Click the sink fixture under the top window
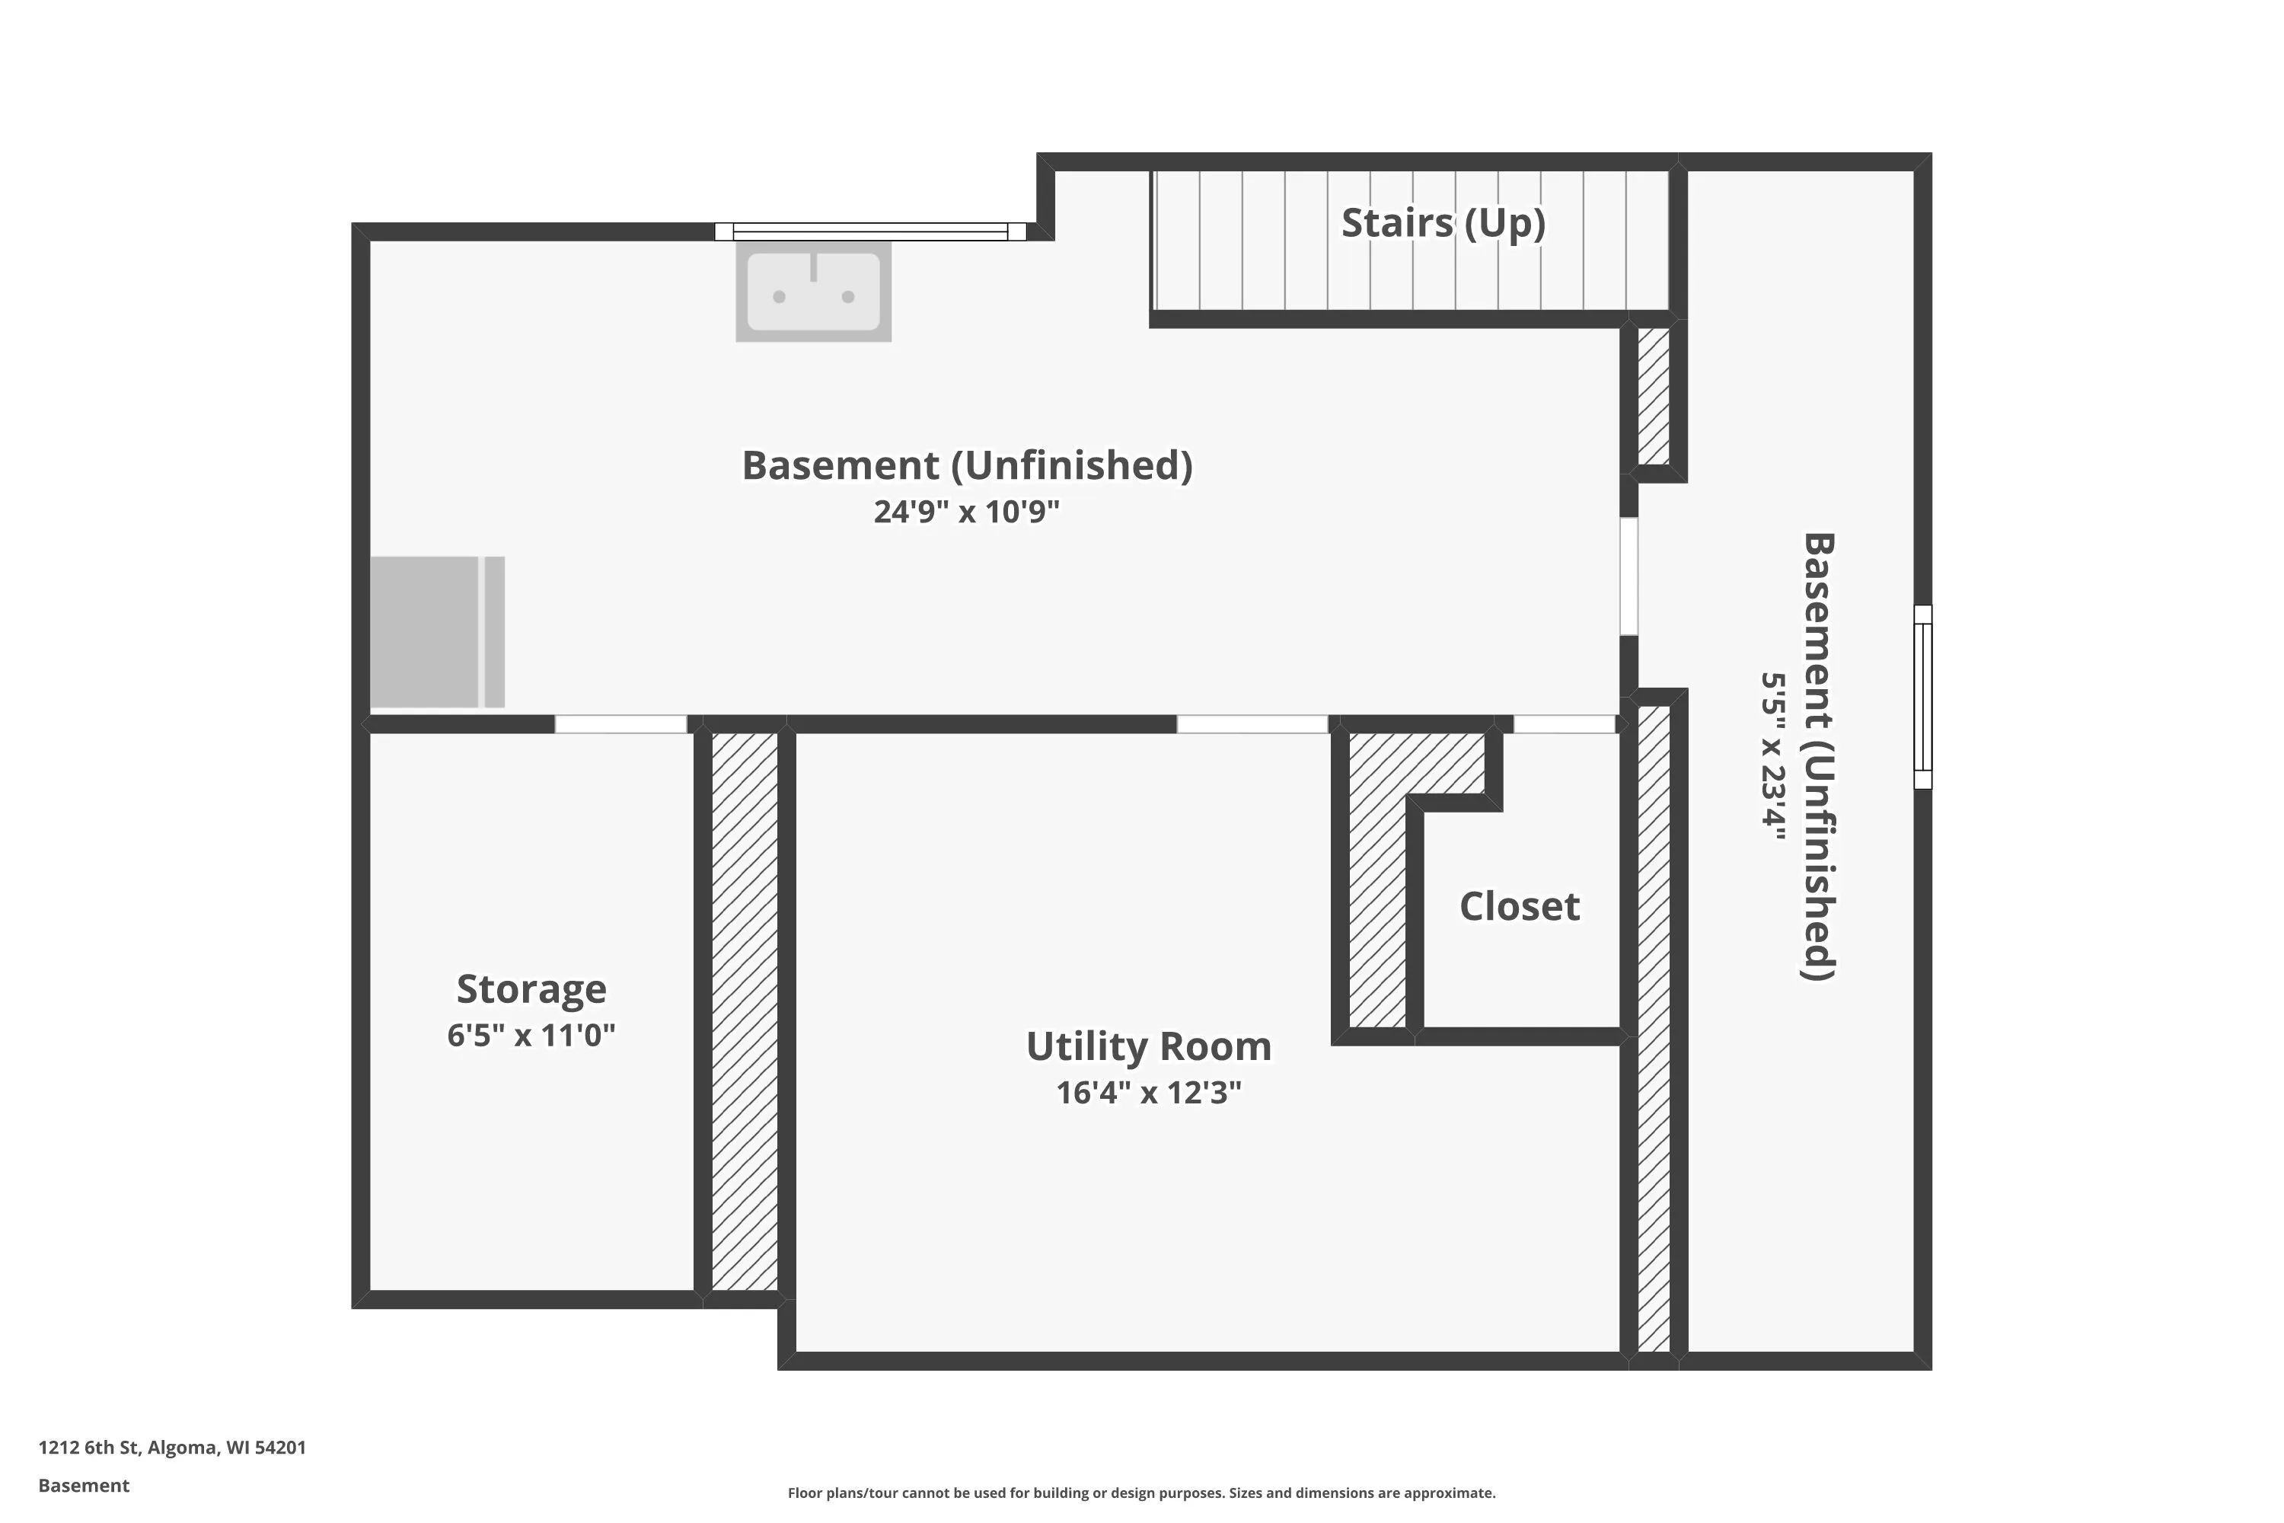[x=813, y=292]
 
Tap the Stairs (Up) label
[x=1442, y=222]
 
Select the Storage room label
[x=531, y=988]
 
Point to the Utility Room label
[x=1149, y=1046]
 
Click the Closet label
[x=1519, y=906]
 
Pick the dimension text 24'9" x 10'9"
[x=966, y=511]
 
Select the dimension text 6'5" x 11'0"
[x=531, y=1034]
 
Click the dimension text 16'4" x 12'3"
[x=1149, y=1092]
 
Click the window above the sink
[x=870, y=231]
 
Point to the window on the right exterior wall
[x=1923, y=697]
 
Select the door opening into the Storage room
[x=620, y=723]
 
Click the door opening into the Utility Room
[x=1252, y=723]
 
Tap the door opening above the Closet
[x=1565, y=723]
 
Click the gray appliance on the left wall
[x=437, y=632]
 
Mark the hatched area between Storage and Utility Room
[x=745, y=1011]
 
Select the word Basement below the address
[x=84, y=1485]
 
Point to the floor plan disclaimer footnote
[x=1141, y=1493]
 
